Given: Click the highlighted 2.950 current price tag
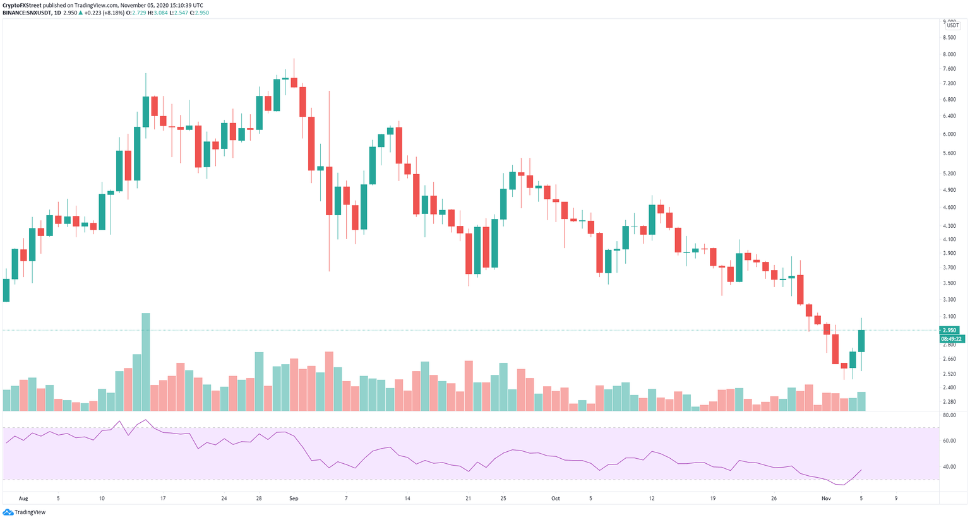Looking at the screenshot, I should (950, 330).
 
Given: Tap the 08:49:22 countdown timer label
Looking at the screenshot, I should (952, 339).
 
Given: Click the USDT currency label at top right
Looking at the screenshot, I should (952, 25).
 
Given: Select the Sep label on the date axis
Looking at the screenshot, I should (294, 498).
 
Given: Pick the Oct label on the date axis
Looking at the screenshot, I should (555, 498).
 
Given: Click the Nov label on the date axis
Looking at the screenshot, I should (827, 498).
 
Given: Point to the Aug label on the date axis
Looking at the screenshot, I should (23, 498).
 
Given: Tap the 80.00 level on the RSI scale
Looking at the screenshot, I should (949, 415).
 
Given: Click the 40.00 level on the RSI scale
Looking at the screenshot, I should (949, 467).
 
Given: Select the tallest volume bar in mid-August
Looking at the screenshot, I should (146, 362).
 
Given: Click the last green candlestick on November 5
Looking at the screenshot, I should (861, 341).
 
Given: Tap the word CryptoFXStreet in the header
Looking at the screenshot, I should (23, 5).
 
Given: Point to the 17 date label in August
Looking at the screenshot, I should (163, 498).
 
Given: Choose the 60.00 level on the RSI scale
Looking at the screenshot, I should (949, 441).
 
